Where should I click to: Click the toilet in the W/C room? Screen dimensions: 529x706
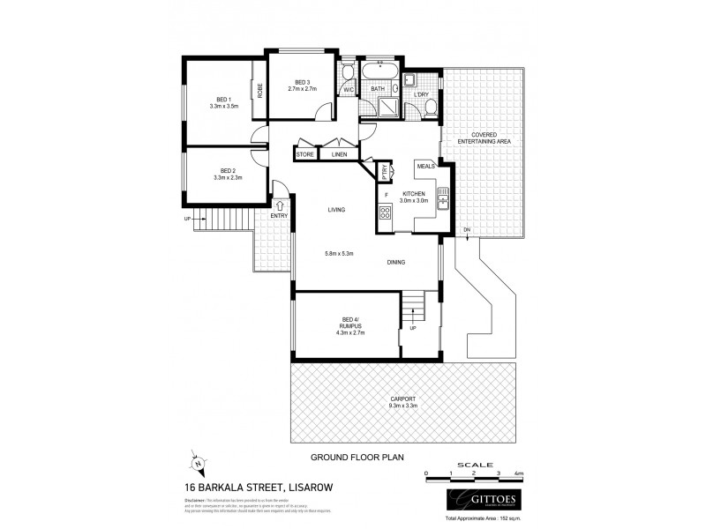[x=348, y=73]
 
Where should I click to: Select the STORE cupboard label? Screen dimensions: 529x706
[x=305, y=154]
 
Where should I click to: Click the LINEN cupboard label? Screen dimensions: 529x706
[x=339, y=154]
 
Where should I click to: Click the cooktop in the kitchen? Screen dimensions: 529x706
[x=386, y=212]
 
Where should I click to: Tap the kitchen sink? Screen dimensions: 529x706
[x=444, y=202]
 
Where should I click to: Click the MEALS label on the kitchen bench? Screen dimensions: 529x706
[x=427, y=164]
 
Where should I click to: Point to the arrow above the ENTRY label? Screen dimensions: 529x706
[x=280, y=205]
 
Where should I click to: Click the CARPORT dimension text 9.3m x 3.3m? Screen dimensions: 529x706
[x=403, y=407]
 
